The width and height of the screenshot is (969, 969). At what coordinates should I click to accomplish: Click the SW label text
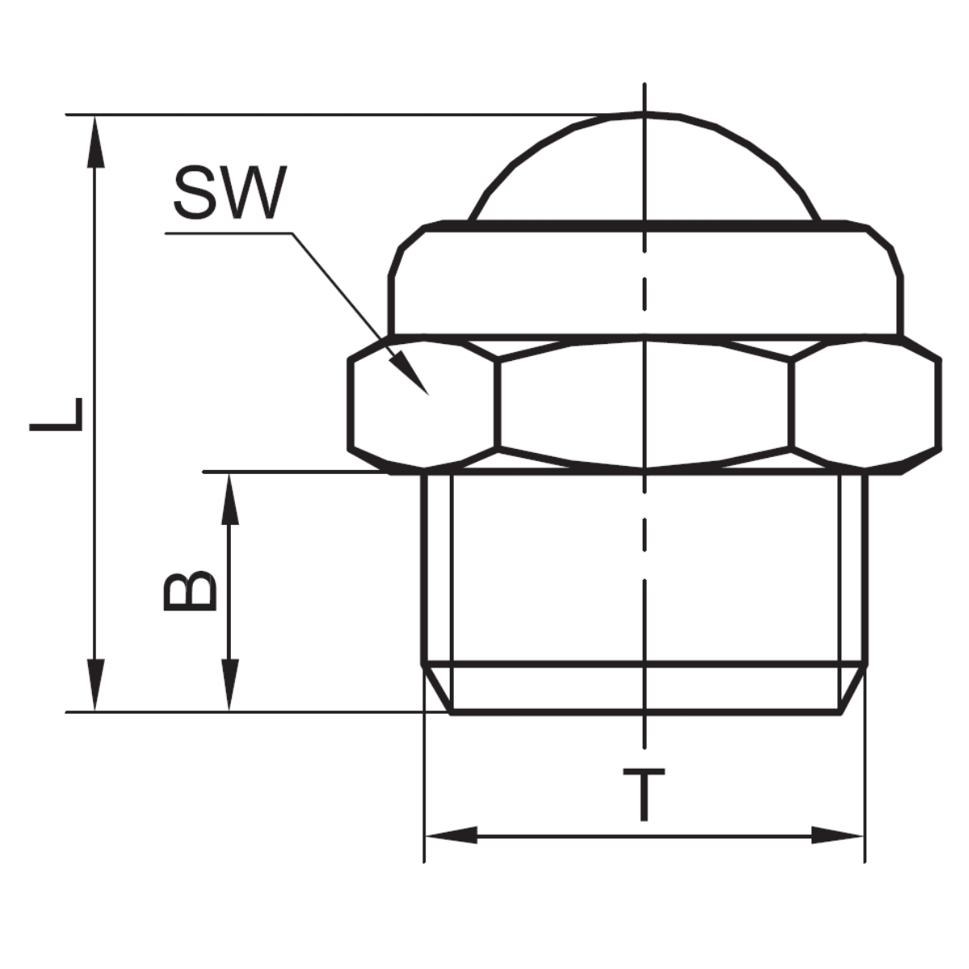coord(230,193)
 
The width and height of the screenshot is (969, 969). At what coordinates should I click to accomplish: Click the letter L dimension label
coord(56,414)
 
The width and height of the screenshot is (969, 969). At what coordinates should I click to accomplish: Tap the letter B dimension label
coord(191,590)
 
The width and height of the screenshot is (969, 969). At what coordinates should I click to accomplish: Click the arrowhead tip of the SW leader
coord(428,395)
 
